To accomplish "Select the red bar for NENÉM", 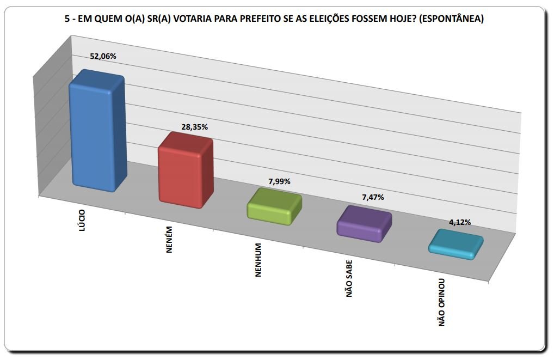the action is (186, 170).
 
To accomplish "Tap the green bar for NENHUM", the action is (274, 207).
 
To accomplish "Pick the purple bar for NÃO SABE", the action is (364, 224).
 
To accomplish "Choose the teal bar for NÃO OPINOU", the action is (456, 245).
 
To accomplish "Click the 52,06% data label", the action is (103, 56).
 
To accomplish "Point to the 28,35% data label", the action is (195, 127).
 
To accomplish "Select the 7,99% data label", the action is (280, 182).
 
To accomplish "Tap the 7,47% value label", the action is (373, 197).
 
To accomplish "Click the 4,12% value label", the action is (460, 222).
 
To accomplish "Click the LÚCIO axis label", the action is (82, 221).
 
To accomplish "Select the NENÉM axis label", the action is (169, 240).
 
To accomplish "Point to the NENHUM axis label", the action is (258, 260).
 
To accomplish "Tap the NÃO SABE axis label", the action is (349, 279).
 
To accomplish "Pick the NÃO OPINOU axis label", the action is (442, 302).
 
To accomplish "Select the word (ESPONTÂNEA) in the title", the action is (451, 19).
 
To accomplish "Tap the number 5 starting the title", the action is (67, 19).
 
